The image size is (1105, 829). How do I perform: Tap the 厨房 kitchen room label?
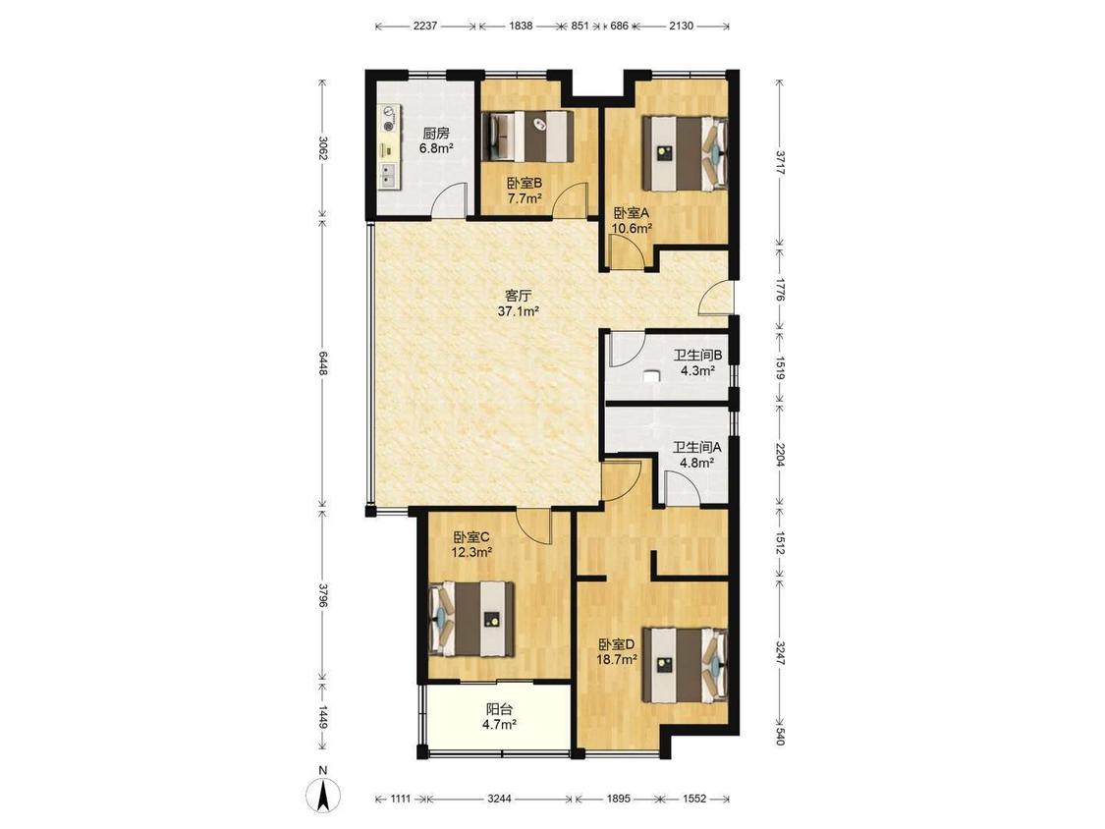tap(436, 133)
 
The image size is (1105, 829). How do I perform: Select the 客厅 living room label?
tap(518, 295)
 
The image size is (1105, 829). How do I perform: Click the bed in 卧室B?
tap(527, 137)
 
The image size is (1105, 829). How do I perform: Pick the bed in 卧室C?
tap(471, 619)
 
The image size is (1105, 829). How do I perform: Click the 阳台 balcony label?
tap(499, 710)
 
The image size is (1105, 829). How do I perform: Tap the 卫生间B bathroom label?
tap(697, 356)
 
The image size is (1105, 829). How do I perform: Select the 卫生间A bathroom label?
tap(697, 447)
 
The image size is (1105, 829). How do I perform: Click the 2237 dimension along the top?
tap(425, 27)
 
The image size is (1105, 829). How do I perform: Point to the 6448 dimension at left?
tap(323, 363)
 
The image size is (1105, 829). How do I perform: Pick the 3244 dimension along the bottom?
tap(500, 799)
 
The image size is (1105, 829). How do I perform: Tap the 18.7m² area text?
tap(618, 660)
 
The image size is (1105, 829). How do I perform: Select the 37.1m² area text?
tap(519, 310)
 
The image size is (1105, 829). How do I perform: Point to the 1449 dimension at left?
tap(323, 718)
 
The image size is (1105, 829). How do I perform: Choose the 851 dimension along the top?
tap(580, 27)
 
